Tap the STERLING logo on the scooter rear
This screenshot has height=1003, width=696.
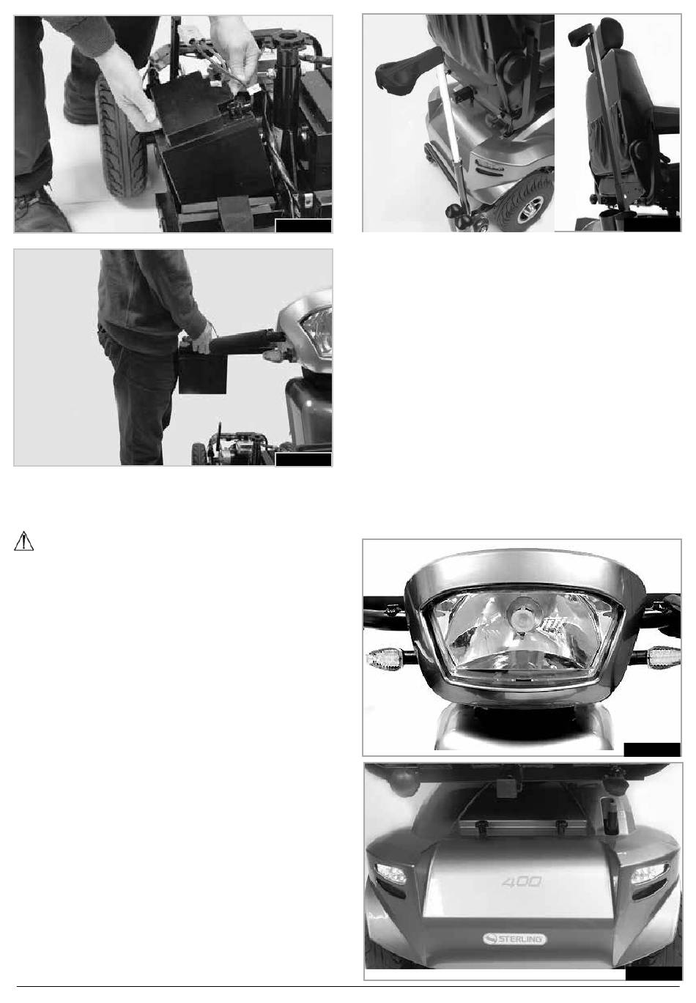(x=514, y=938)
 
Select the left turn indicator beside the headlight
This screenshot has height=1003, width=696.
(x=385, y=659)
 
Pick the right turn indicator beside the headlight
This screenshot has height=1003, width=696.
(x=664, y=656)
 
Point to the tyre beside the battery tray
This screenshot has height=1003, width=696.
(x=121, y=136)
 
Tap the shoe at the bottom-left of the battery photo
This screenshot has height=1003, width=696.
(x=40, y=214)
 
